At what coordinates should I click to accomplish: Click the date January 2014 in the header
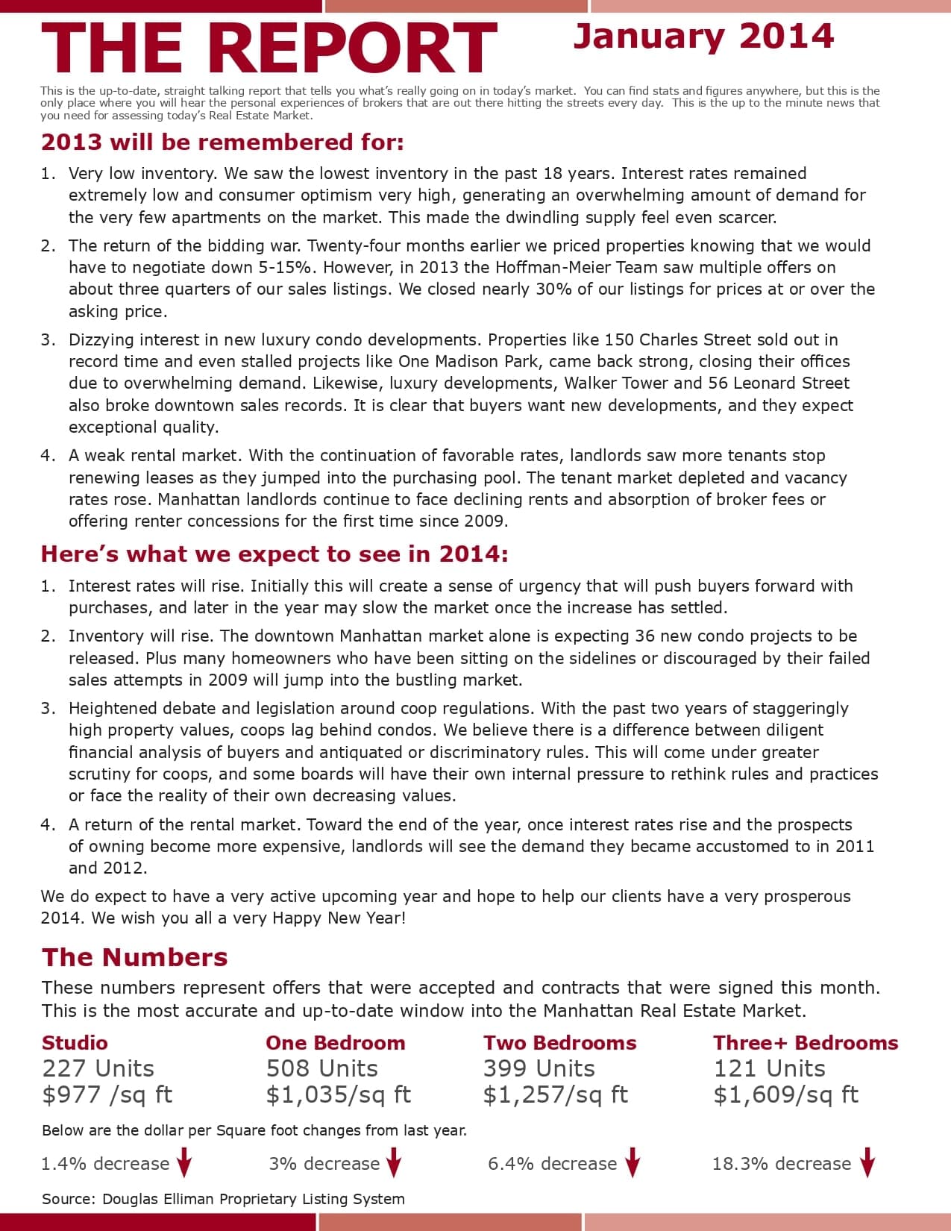pos(703,37)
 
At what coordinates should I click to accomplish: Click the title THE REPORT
pos(269,49)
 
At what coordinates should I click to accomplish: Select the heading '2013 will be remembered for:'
pos(222,142)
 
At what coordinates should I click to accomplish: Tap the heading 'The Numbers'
pos(134,957)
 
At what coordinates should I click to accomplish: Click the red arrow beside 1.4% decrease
pos(184,1162)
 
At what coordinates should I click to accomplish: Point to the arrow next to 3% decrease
pos(394,1162)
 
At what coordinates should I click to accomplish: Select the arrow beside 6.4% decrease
pos(633,1162)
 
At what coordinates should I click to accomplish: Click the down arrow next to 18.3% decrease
pos(867,1162)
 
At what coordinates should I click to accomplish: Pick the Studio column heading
pos(75,1042)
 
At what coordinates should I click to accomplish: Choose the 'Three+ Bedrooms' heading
pos(806,1042)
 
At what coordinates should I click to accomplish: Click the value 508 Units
pos(321,1068)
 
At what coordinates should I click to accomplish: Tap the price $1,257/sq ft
pos(555,1094)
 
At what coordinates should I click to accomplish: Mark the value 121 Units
pos(769,1068)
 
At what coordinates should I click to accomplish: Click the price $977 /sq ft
pos(107,1094)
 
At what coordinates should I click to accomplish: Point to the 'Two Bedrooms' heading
pos(559,1042)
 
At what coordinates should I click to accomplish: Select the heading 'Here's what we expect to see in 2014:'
pos(274,554)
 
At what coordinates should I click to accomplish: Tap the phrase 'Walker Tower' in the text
pos(615,383)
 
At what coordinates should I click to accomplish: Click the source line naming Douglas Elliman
pos(223,1199)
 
